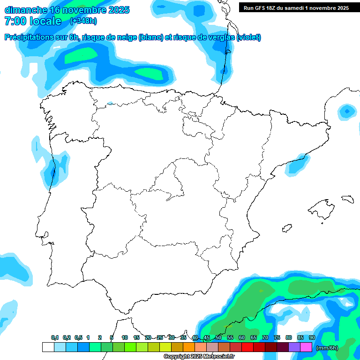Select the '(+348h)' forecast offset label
(83, 21)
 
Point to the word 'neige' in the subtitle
(125, 37)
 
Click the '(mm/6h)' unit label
(327, 347)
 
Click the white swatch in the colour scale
(48, 347)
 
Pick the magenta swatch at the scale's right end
(306, 347)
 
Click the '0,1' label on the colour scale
(55, 338)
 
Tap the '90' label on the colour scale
(312, 338)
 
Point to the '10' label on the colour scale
(125, 338)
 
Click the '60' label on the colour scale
(242, 338)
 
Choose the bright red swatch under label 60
(247, 347)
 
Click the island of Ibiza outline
(286, 228)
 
